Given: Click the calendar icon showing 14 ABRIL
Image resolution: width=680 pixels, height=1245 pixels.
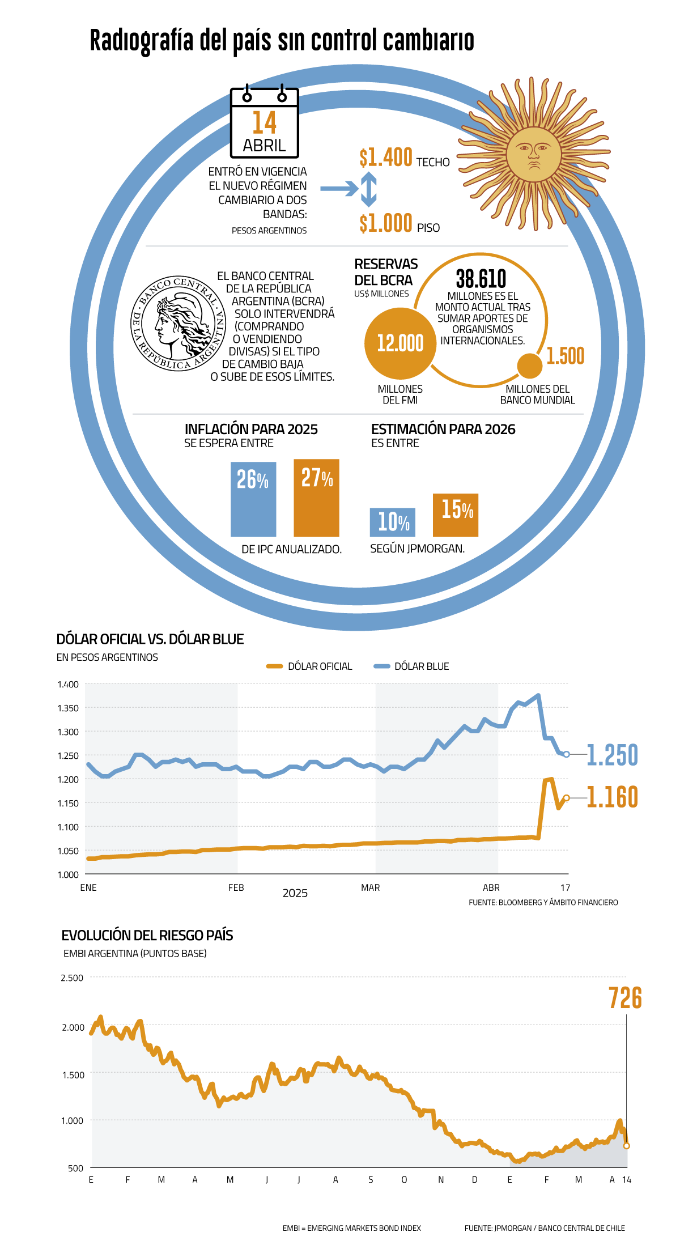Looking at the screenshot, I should pos(264,123).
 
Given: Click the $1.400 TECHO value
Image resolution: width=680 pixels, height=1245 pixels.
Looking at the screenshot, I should pos(386,158).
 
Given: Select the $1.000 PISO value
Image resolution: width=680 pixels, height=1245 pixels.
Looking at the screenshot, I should pos(386,223).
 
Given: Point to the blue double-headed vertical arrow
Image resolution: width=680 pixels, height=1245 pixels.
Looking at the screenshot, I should pos(368,189).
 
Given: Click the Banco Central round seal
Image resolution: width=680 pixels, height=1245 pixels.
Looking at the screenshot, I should pos(178,324).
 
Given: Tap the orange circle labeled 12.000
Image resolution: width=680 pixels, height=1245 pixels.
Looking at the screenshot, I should pos(400,343).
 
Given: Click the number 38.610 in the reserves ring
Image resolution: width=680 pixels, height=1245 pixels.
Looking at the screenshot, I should pos(481,279).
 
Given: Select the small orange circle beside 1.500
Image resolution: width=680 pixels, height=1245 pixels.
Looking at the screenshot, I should pos(530,366).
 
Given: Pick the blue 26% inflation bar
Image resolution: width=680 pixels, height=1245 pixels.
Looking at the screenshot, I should pos(253,499).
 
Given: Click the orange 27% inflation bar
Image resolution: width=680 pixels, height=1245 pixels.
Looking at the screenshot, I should pos(316,498).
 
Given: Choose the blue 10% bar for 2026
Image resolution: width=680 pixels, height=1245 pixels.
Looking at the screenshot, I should pos(393,522).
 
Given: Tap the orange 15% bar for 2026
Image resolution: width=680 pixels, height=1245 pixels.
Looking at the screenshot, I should pos(456,515).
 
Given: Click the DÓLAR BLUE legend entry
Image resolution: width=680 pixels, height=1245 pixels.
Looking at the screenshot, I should pos(412,666).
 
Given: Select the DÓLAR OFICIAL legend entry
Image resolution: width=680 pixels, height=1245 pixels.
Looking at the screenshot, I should pos(310,666).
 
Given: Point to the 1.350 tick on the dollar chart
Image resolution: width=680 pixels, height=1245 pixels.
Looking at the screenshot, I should pos(68,708).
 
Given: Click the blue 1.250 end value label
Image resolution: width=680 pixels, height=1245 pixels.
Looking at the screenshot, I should pos(612,755).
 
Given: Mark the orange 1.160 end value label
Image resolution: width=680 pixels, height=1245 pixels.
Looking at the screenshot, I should pos(612,797).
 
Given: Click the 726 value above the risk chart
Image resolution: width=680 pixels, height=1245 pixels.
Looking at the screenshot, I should pos(625,998).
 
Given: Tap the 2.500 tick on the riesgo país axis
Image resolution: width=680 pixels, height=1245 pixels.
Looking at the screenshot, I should pos(72,978).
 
